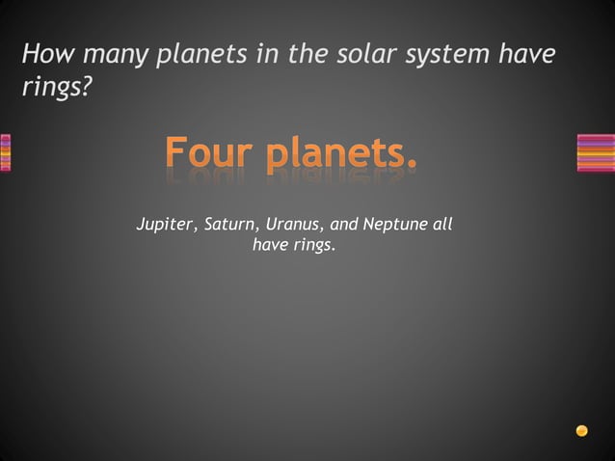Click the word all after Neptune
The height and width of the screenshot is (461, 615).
tap(443, 225)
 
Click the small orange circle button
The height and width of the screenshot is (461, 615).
tap(581, 430)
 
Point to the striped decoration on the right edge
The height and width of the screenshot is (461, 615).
tap(596, 152)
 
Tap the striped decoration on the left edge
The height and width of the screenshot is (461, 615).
tap(5, 152)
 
